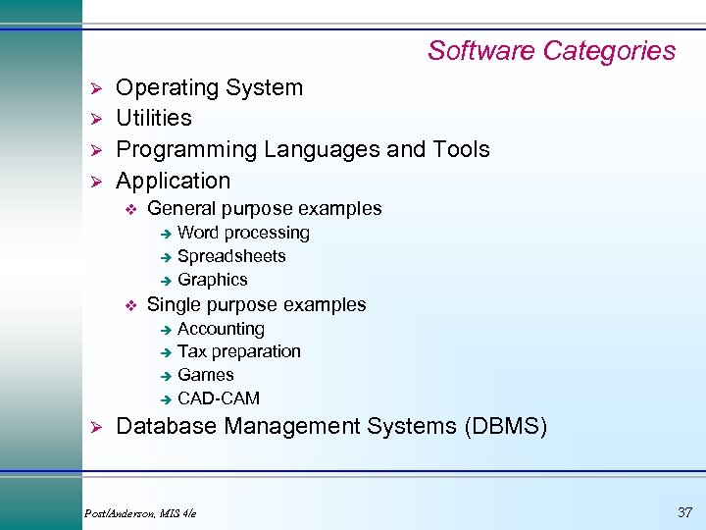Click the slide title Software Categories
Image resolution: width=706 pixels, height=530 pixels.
(x=551, y=50)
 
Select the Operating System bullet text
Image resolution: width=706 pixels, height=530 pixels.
(x=209, y=87)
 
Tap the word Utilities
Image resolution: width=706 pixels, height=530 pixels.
(x=154, y=118)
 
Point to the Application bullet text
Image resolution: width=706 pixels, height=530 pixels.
(x=173, y=181)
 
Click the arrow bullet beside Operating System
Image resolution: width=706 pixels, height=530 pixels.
(x=96, y=88)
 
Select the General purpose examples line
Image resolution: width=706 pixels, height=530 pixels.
(x=264, y=208)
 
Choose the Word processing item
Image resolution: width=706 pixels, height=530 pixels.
(x=243, y=233)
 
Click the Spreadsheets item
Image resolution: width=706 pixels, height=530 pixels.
(x=231, y=256)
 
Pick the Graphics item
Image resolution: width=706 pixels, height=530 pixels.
(x=212, y=280)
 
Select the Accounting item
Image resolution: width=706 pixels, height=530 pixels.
(x=221, y=329)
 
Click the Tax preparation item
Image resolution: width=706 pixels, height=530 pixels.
(x=238, y=351)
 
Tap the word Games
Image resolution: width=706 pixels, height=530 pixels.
(x=205, y=375)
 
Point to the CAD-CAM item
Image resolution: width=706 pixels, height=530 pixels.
(x=218, y=398)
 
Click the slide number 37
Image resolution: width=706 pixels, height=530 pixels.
(x=683, y=511)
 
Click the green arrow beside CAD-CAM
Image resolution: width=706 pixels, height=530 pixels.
(x=167, y=399)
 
